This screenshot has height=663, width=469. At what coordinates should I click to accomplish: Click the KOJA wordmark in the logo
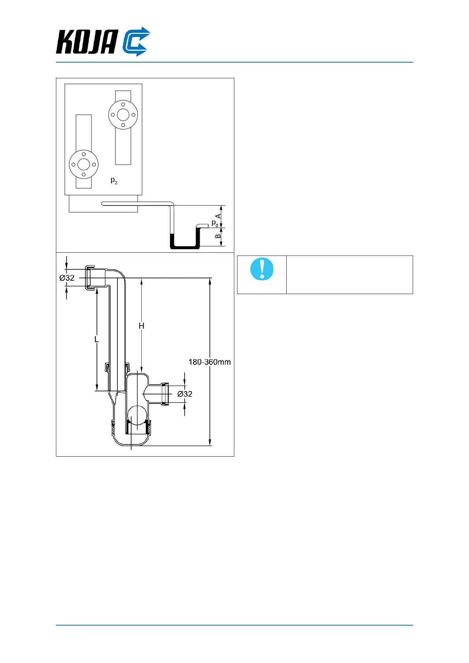[87, 42]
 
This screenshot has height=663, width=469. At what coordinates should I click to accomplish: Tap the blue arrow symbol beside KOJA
[136, 42]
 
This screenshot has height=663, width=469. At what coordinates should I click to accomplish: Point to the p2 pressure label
[114, 181]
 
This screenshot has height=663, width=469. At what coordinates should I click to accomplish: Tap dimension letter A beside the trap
[218, 216]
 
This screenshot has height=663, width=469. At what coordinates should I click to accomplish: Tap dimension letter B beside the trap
[218, 236]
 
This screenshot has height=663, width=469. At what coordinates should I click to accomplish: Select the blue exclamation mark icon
[262, 269]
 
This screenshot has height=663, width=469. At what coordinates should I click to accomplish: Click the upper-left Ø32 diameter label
[67, 278]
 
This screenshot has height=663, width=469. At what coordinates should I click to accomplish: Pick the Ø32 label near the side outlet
[185, 394]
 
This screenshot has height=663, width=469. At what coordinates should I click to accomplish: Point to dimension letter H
[141, 326]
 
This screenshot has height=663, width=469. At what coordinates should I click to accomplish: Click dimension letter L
[96, 339]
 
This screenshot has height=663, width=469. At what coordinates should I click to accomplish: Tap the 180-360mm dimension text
[209, 362]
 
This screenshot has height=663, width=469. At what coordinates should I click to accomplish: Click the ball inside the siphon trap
[137, 415]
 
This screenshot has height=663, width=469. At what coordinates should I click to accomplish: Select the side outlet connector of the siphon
[165, 393]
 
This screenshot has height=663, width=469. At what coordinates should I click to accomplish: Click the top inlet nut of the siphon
[90, 278]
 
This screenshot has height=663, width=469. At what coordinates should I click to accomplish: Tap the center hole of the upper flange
[123, 115]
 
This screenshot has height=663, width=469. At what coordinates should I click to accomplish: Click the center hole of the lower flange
[83, 165]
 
